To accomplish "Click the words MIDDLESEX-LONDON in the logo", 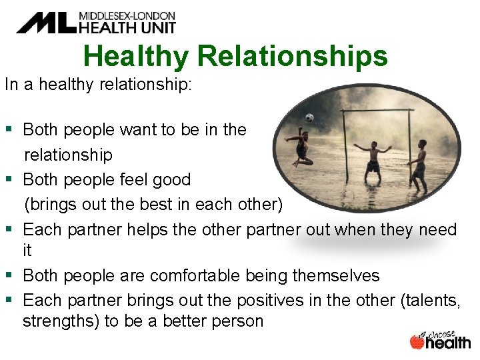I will coord(127,15).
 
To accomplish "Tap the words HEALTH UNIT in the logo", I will coord(127,27).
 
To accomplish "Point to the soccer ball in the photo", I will coord(309,118).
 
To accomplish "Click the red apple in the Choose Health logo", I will coord(417,341).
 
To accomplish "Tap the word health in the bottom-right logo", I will coord(448,343).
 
